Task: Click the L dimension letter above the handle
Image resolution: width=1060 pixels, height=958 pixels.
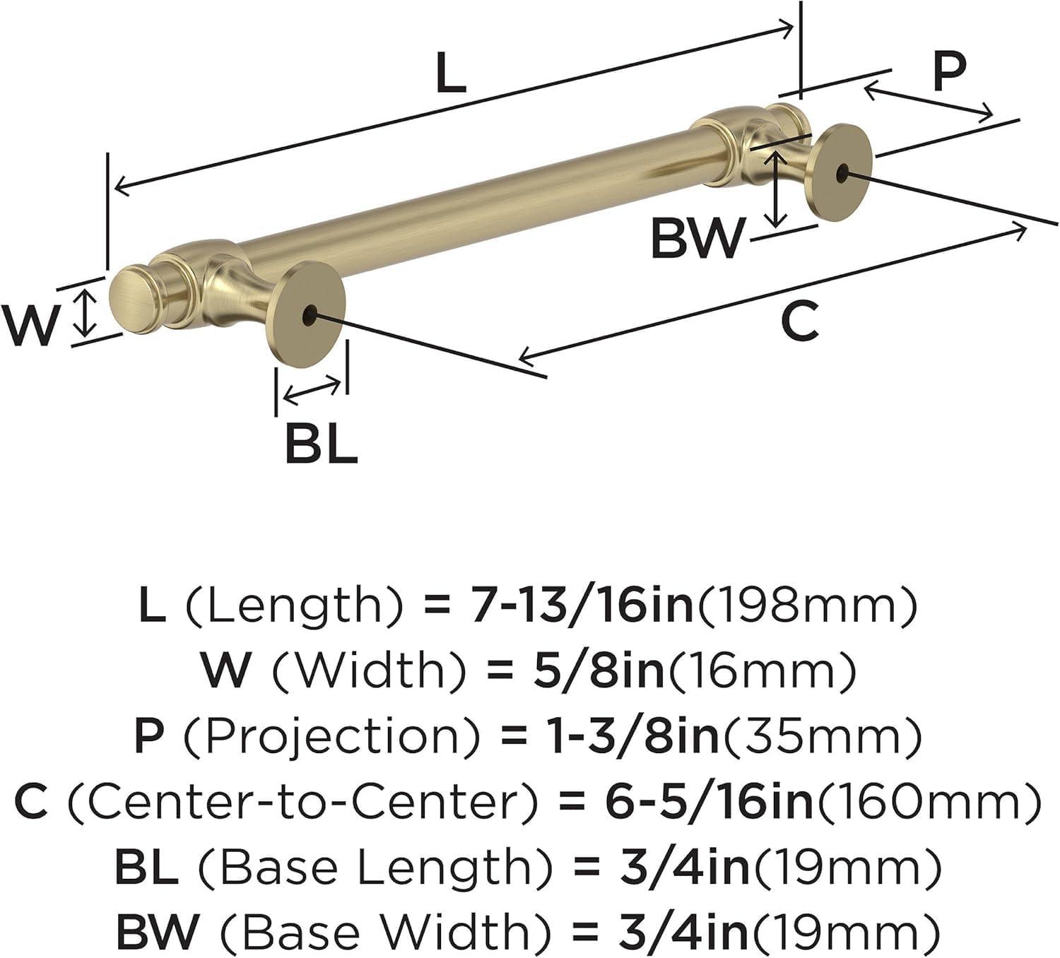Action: click(451, 71)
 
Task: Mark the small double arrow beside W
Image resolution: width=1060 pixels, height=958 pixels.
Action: click(85, 315)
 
